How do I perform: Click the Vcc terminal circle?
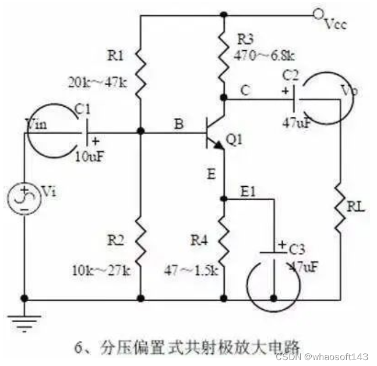(318, 13)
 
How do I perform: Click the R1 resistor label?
(115, 57)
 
